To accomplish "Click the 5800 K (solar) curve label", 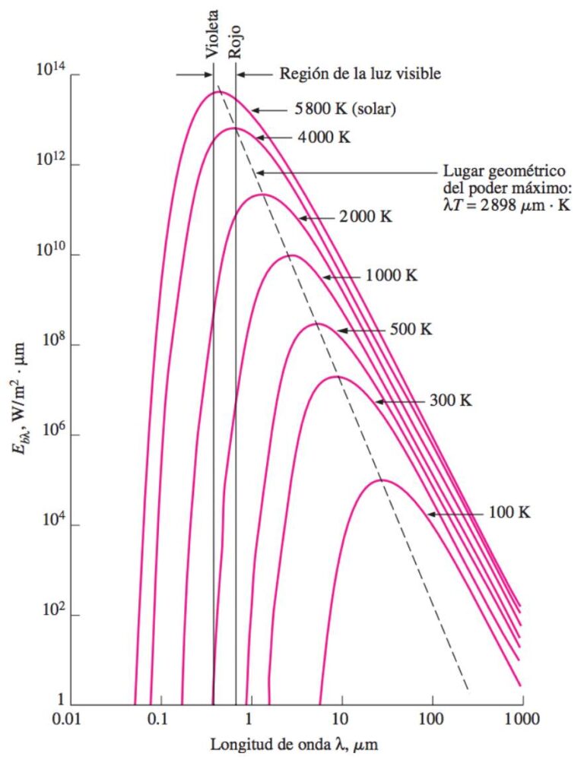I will [345, 110].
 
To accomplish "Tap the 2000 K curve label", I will [363, 217].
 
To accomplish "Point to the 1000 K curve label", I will [391, 277].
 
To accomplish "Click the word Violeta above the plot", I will [213, 35].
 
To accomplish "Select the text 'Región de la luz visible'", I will [360, 74].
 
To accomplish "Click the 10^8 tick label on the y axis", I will [52, 344].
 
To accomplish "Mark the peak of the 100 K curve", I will [380, 480].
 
